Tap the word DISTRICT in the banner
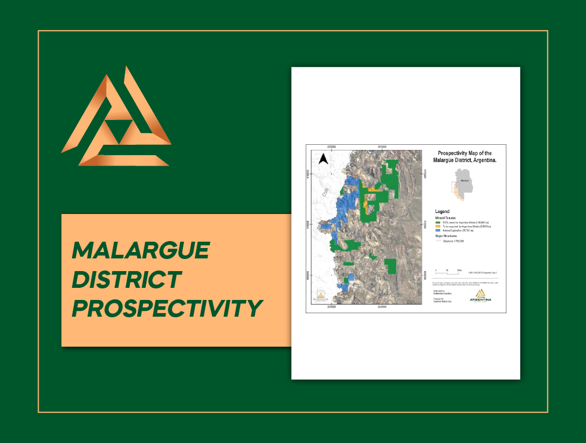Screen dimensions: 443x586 pos(126,280)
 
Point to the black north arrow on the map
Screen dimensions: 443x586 pos(324,159)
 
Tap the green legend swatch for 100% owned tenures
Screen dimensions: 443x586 pos(438,221)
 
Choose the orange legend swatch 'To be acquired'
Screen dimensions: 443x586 pos(438,226)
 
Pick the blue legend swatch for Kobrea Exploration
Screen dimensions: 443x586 pos(438,231)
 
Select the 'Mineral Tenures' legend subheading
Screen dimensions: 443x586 pos(448,217)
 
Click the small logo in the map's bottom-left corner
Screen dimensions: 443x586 pos(320,297)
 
